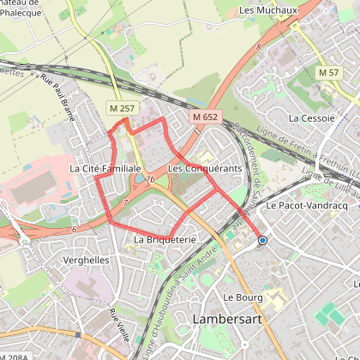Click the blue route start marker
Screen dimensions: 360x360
[262, 241]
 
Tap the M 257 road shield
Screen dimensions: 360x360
[120, 108]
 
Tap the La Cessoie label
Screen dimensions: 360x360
[310, 117]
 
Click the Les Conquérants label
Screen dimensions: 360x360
[205, 169]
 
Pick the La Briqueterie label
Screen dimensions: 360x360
[165, 240]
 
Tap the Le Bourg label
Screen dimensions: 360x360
[241, 297]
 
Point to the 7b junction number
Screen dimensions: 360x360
[150, 180]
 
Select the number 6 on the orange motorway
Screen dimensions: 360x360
[75, 229]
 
